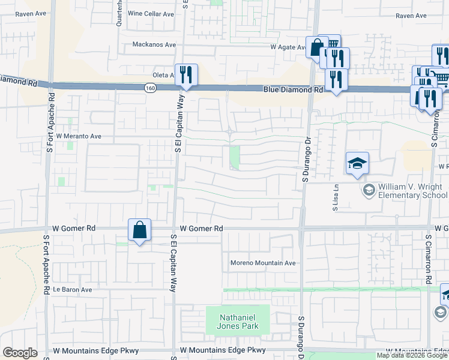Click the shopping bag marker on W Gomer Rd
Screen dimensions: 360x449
tap(139, 230)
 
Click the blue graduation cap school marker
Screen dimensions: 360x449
tap(357, 163)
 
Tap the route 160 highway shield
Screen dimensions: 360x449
tap(148, 88)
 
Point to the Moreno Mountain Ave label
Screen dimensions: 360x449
tap(264, 263)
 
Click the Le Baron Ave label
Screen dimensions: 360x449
tap(72, 289)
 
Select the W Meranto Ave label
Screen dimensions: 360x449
tap(79, 136)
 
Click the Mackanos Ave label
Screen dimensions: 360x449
tap(154, 44)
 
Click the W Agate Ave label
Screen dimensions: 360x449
tap(288, 46)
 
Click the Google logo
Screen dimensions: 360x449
tap(20, 353)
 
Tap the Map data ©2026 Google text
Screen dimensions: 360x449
tap(412, 355)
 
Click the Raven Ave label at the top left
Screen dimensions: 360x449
tap(31, 13)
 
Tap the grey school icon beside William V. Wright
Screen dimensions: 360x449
tap(369, 190)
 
